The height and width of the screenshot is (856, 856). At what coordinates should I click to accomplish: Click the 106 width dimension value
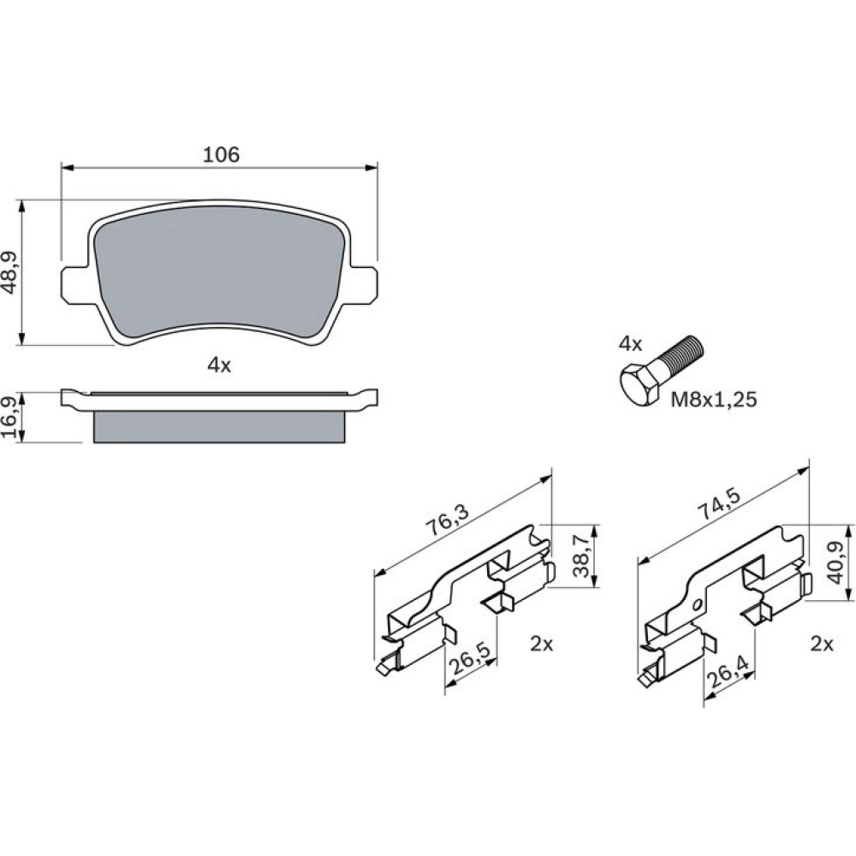pos(221,154)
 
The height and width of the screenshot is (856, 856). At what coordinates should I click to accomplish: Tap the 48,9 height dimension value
pos(15,273)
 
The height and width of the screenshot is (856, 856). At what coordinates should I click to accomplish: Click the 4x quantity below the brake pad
pos(219,366)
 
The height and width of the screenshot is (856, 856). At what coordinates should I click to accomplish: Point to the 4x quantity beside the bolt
pos(630,343)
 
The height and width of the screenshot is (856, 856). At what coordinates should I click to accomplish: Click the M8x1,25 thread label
pos(714,400)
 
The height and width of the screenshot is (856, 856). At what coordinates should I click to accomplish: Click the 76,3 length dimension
pos(447,520)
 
